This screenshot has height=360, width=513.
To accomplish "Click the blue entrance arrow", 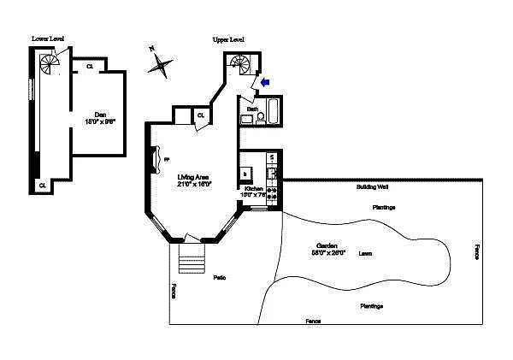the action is pyautogui.click(x=264, y=82).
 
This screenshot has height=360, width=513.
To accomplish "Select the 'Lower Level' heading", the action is pyautogui.click(x=47, y=38).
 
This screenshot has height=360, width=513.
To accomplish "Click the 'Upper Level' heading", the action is pyautogui.click(x=229, y=39).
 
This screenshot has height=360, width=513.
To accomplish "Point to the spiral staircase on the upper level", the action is pyautogui.click(x=239, y=64).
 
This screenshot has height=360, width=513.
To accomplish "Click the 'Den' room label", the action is pyautogui.click(x=99, y=113).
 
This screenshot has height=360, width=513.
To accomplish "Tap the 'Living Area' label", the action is pyautogui.click(x=193, y=178).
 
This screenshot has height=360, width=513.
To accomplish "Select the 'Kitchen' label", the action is pyautogui.click(x=254, y=188).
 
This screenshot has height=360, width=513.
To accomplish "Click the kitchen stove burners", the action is pyautogui.click(x=273, y=193).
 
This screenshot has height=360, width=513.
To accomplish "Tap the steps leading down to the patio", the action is pyautogui.click(x=192, y=258).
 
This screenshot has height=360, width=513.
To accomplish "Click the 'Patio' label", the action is pyautogui.click(x=220, y=277).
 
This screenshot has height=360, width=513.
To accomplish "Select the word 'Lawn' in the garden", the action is pyautogui.click(x=365, y=253).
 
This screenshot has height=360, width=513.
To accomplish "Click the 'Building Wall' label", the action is pyautogui.click(x=373, y=186).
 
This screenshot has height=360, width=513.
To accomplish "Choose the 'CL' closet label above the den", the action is pyautogui.click(x=90, y=66).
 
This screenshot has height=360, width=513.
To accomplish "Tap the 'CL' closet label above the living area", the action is pyautogui.click(x=201, y=115).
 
